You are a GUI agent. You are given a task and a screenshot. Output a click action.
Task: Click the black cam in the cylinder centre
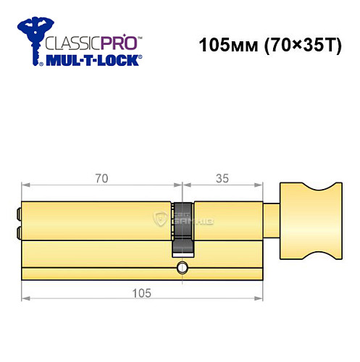181,227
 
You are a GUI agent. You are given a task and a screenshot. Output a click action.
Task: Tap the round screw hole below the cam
181,271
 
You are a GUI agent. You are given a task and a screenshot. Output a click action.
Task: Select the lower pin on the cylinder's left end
18,232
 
